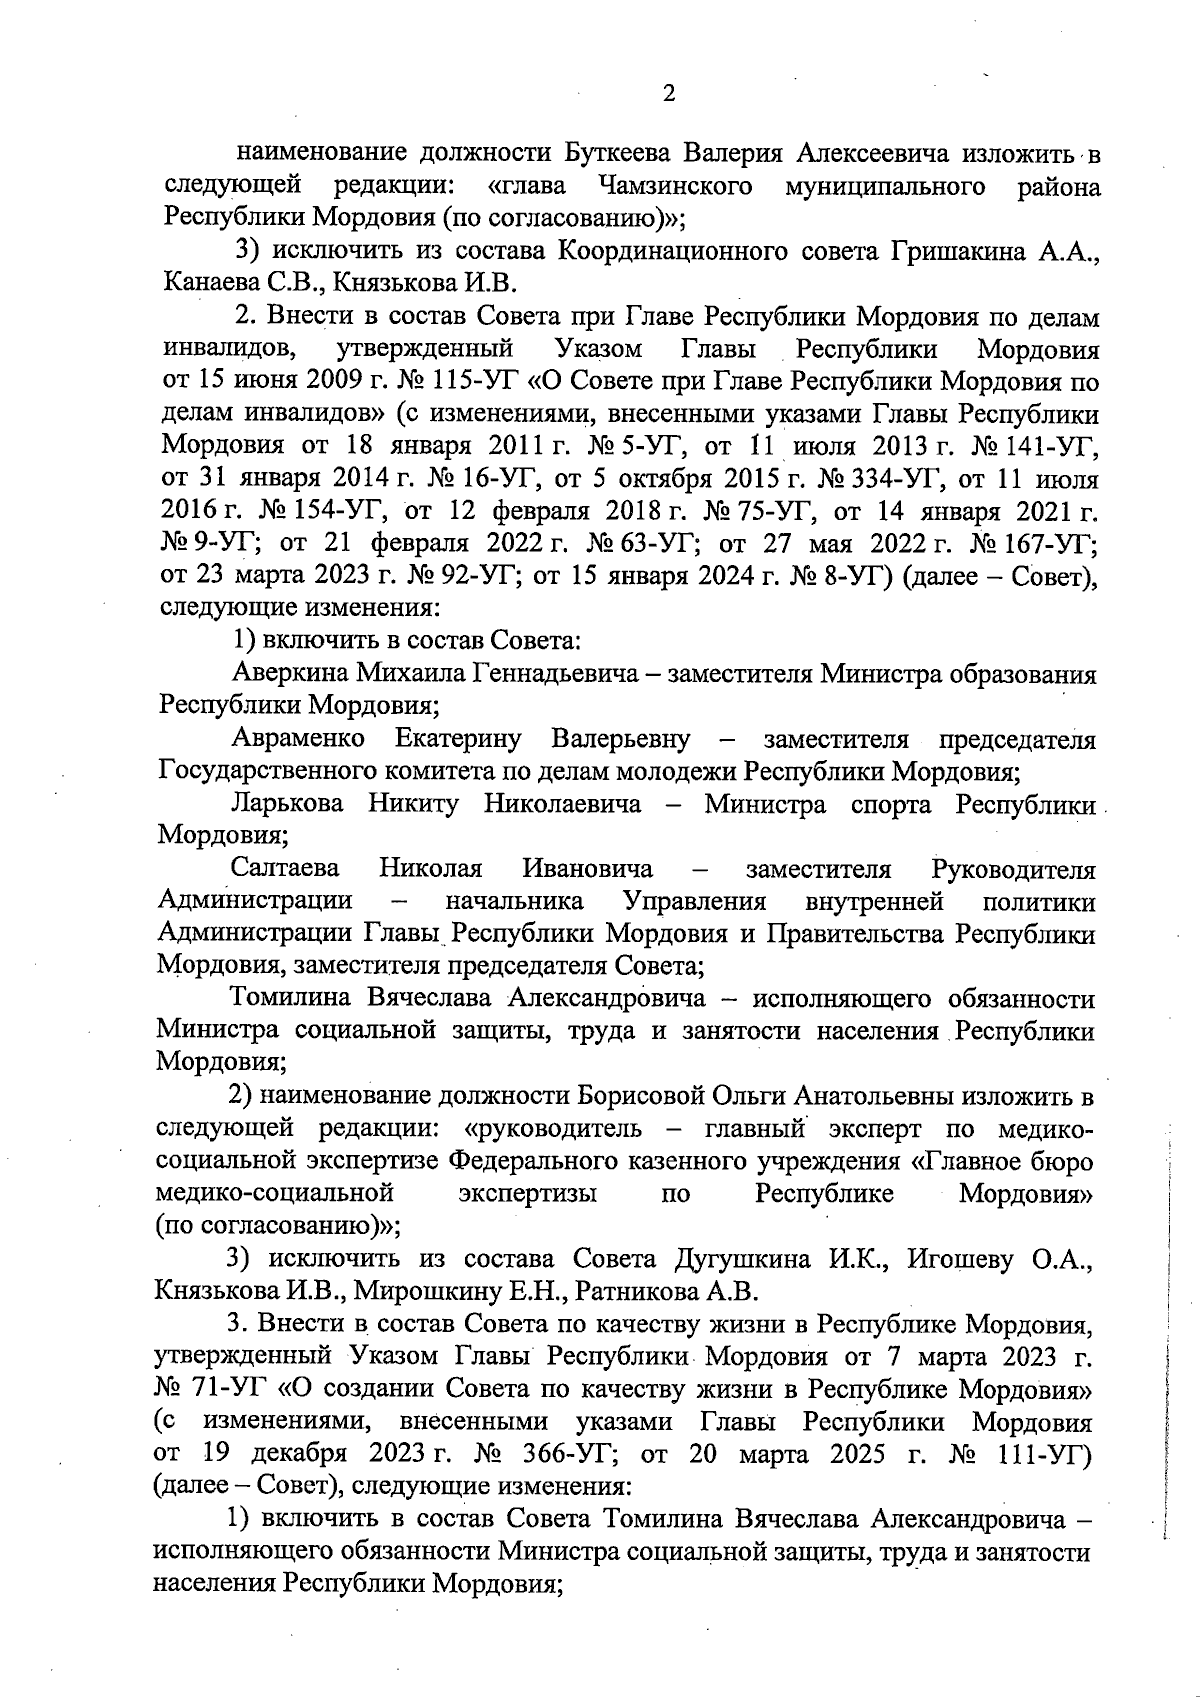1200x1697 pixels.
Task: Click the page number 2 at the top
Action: pos(669,94)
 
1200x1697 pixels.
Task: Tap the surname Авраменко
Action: pos(297,740)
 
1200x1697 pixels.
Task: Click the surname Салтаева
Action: pos(284,869)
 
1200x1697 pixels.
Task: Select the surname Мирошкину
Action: pos(427,1291)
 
